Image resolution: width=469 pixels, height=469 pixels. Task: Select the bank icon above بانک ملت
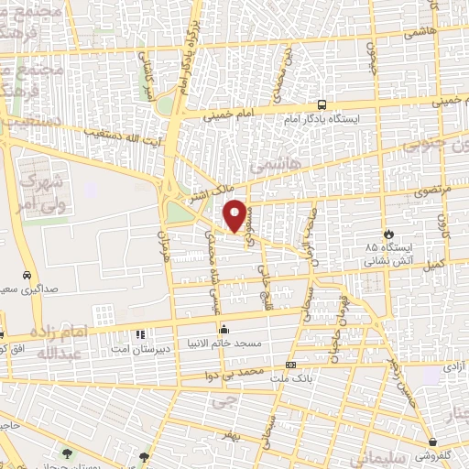click(290, 365)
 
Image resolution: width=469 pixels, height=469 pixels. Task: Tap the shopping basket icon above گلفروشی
click(430, 441)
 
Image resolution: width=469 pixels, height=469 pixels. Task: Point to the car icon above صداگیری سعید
click(27, 275)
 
